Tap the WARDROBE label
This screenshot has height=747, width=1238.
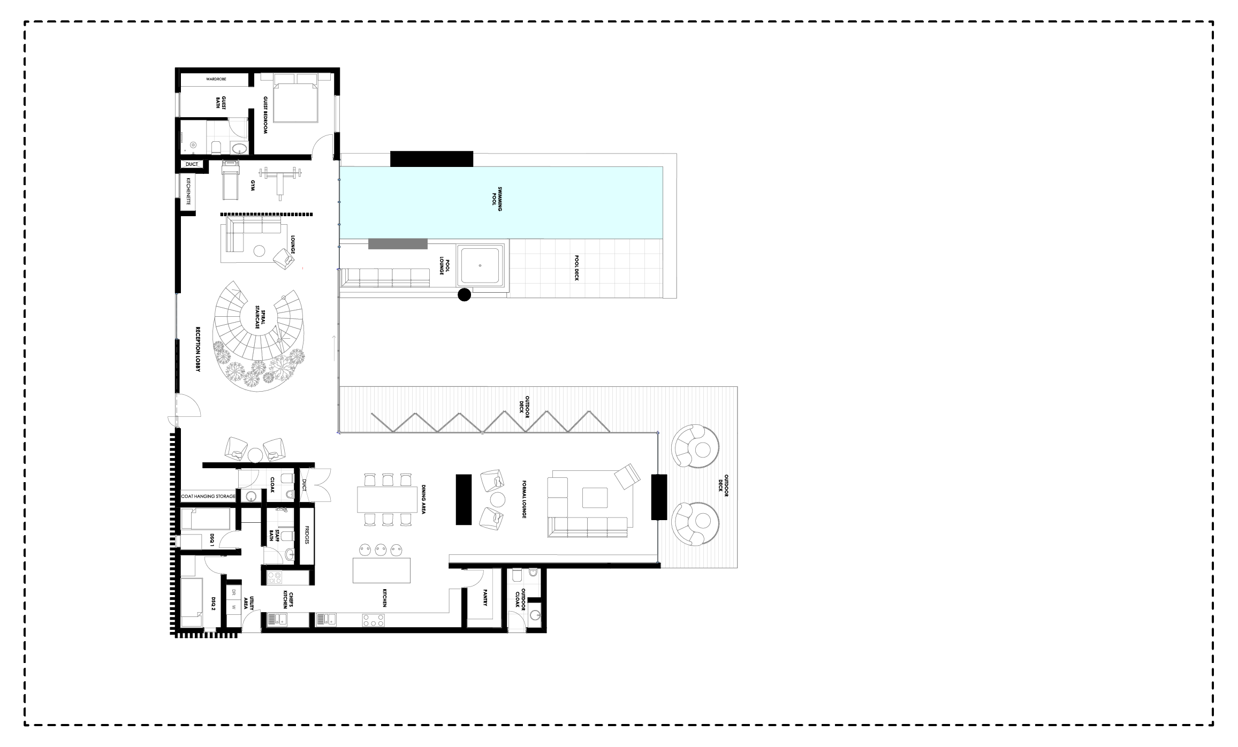(x=216, y=79)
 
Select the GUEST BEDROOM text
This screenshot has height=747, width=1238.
(x=265, y=115)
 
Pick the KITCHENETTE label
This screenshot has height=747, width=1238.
(x=188, y=192)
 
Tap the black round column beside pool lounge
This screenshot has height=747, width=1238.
(x=464, y=294)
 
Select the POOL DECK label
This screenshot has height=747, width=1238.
(x=577, y=268)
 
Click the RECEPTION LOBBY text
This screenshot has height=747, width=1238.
(x=198, y=349)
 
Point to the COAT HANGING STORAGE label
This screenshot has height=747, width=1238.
(x=208, y=497)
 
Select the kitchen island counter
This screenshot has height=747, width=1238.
(x=382, y=570)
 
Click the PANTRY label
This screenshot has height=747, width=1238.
(x=485, y=598)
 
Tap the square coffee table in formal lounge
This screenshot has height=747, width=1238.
(x=595, y=498)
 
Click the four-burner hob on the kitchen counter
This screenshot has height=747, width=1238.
(x=373, y=620)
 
